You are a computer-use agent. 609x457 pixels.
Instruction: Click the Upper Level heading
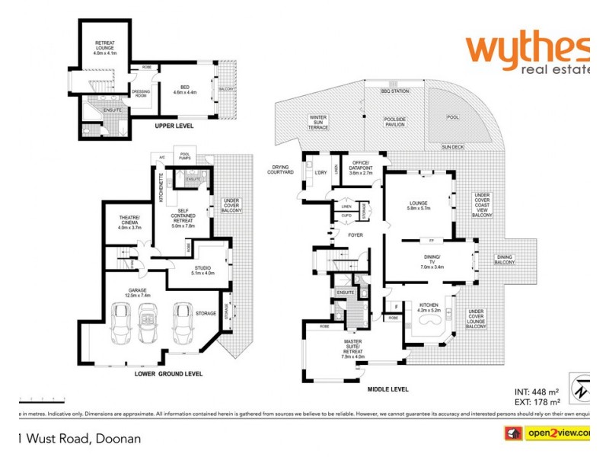(x=174, y=126)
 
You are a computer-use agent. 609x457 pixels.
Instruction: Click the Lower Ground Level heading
(x=168, y=374)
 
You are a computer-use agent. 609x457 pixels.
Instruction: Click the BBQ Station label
(x=395, y=91)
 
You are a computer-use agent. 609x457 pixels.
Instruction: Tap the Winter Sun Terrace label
(x=317, y=122)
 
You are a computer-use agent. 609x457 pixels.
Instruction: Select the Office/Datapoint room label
(x=359, y=168)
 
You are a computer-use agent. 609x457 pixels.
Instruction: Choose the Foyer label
(x=355, y=235)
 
